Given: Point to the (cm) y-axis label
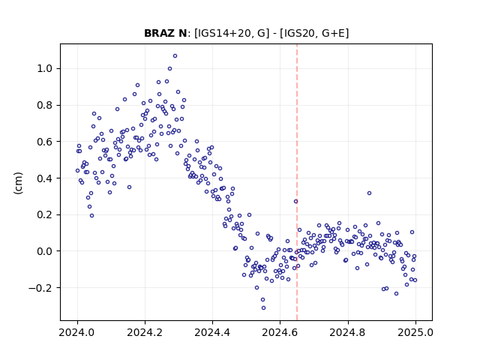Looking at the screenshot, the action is click(18, 183).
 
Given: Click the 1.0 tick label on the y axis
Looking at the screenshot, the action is click(45, 68).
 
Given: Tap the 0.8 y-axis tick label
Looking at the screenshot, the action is click(45, 105).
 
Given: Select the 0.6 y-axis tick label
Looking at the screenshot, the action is click(45, 142).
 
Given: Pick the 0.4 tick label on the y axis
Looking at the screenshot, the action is click(45, 178).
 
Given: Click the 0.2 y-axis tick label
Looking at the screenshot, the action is click(45, 214).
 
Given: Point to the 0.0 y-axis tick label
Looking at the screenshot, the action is click(45, 251).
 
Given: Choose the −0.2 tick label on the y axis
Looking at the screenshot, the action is click(40, 288).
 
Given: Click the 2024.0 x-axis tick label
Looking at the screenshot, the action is click(77, 332).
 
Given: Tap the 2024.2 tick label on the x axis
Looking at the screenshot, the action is click(145, 332).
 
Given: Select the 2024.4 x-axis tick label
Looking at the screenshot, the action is click(212, 332).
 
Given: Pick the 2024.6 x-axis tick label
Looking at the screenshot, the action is click(280, 332).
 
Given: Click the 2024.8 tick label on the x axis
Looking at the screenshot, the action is click(348, 332).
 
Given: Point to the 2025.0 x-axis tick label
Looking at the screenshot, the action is click(415, 332).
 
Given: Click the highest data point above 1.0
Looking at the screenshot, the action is click(175, 56).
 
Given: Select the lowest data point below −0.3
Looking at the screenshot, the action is click(263, 308).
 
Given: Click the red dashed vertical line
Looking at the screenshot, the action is click(297, 182).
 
